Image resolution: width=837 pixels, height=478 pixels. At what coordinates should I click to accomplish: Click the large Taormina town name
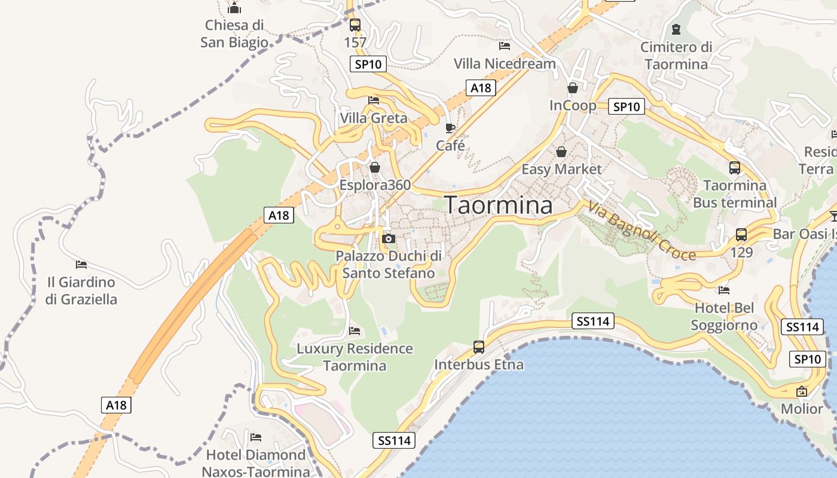(x=499, y=205)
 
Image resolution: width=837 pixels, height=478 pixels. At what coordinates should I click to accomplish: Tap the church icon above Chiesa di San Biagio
(x=234, y=8)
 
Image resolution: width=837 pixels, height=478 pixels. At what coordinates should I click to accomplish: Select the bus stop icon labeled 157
(x=355, y=25)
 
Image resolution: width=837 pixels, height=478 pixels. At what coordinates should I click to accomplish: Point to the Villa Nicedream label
(x=505, y=63)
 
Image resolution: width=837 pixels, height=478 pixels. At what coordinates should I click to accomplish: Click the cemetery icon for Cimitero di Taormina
(x=676, y=29)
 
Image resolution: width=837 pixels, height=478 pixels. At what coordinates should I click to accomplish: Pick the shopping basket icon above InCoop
(x=573, y=88)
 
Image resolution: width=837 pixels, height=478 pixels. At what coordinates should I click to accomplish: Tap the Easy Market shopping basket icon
(x=561, y=152)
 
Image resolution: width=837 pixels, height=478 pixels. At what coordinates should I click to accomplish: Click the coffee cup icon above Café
(x=450, y=128)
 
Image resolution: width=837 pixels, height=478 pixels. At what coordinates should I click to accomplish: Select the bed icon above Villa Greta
(x=374, y=100)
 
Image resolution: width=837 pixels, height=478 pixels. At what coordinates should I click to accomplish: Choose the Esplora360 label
(x=375, y=185)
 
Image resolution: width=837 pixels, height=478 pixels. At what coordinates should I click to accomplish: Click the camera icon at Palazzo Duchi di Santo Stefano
(x=389, y=239)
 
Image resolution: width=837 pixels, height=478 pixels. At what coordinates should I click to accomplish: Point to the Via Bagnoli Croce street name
(x=642, y=231)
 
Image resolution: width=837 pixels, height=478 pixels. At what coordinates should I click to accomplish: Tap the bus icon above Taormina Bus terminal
(x=735, y=168)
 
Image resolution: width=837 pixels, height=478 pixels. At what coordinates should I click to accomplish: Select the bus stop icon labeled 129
(x=741, y=235)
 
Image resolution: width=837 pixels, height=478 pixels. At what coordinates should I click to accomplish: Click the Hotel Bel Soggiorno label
(x=724, y=317)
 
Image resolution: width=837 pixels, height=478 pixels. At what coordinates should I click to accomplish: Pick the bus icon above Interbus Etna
(x=479, y=347)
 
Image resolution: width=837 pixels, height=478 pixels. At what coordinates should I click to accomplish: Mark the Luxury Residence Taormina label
(x=355, y=357)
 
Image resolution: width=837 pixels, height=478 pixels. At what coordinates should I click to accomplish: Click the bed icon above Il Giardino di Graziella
(x=81, y=264)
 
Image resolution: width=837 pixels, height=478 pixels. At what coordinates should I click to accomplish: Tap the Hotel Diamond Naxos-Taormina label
(x=256, y=463)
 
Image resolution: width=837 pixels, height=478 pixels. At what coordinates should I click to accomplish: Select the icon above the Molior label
(x=802, y=391)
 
